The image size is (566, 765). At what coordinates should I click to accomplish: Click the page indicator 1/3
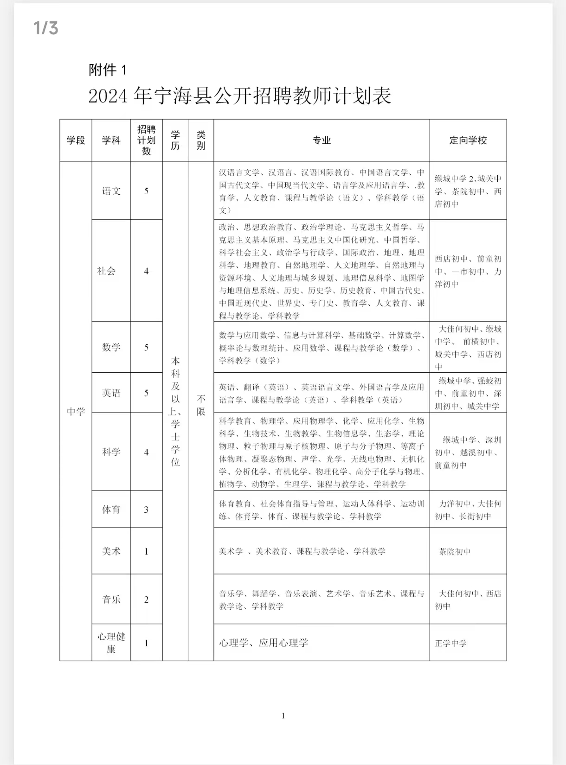46,28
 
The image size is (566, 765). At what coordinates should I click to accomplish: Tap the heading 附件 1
107,70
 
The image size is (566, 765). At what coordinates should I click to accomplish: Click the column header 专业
322,140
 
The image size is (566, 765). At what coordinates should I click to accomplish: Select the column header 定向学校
468,140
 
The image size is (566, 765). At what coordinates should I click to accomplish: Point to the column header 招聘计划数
146,140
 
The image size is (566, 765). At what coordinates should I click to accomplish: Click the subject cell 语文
111,191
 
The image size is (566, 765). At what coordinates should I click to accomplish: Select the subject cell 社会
106,271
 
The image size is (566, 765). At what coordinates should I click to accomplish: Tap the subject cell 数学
111,347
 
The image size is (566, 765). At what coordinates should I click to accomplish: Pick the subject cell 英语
111,393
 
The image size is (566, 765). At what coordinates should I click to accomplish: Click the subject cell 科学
111,452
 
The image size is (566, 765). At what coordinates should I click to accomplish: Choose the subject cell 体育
111,510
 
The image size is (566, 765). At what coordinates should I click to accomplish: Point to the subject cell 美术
111,551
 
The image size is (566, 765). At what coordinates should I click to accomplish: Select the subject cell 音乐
111,599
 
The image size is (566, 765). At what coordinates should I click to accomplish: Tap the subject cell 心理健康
111,643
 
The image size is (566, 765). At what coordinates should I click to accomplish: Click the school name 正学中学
451,643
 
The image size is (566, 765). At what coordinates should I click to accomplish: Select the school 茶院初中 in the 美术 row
455,552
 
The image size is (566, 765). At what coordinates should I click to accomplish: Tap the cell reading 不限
201,405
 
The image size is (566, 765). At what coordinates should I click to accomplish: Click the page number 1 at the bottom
283,716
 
